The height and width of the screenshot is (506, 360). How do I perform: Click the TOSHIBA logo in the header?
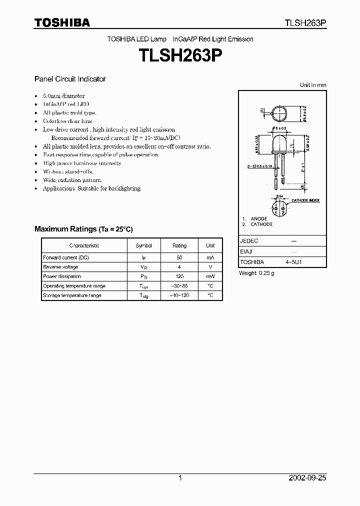(62, 22)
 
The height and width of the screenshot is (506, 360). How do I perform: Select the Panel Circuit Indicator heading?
(70, 79)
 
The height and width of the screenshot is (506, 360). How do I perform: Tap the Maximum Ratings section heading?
(83, 229)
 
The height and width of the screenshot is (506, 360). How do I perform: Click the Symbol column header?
(143, 245)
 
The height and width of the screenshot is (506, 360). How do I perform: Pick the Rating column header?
(179, 245)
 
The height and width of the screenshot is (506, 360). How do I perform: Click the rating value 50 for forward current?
(179, 257)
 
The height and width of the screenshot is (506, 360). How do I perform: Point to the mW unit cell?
(210, 276)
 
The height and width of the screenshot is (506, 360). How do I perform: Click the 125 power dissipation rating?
(179, 276)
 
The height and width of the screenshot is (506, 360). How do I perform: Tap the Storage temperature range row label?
(72, 295)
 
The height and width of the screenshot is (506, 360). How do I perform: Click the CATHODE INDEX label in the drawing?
(305, 200)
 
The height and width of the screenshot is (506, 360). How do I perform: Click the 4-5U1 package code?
(294, 262)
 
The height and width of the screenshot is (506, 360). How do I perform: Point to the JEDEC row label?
(249, 241)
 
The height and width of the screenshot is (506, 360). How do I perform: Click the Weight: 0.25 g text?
(256, 273)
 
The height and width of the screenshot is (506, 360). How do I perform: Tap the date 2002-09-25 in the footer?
(307, 478)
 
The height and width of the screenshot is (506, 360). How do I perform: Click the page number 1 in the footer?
(180, 478)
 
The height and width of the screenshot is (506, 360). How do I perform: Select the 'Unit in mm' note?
(313, 85)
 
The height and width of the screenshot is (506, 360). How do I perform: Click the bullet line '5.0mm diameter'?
(63, 96)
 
